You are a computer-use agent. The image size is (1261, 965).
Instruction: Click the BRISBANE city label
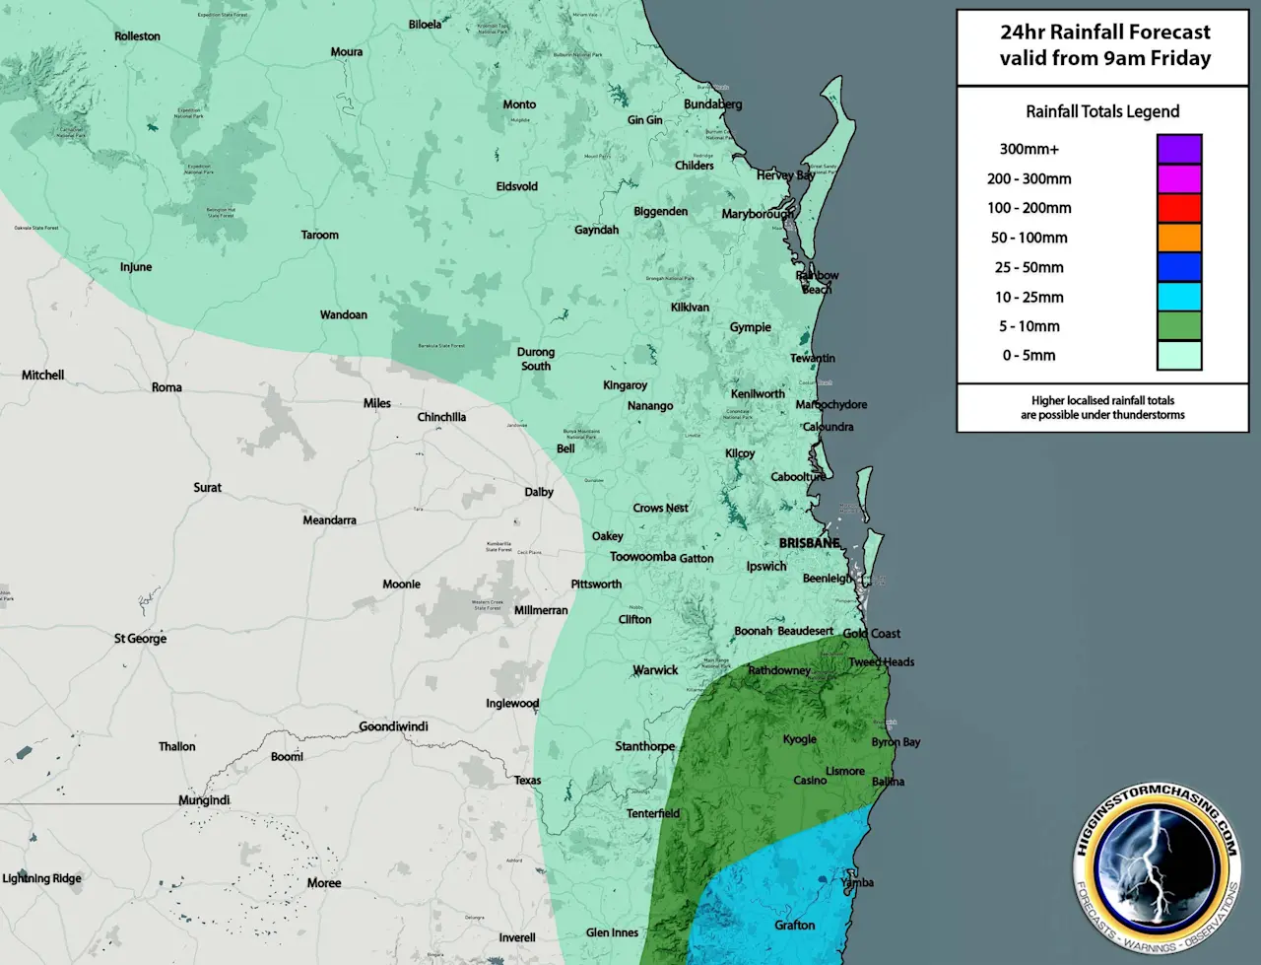point(809,543)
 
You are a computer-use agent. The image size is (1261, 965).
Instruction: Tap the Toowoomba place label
point(642,557)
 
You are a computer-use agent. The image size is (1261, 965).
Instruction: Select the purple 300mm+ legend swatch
point(1178,149)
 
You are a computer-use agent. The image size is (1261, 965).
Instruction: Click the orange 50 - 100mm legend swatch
point(1178,238)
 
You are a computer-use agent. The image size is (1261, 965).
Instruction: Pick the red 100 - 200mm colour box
point(1178,208)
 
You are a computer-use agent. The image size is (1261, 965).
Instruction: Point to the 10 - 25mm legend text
point(1029,297)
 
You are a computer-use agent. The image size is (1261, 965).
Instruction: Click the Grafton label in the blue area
point(794,925)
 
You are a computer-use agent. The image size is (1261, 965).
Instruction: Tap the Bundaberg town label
point(713,104)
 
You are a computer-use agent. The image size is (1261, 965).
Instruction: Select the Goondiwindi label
point(393,726)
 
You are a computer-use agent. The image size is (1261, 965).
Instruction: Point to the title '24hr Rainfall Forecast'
point(1104,32)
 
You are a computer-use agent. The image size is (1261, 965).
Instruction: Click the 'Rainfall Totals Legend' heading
point(1102,111)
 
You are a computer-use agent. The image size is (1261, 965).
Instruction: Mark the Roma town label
point(166,387)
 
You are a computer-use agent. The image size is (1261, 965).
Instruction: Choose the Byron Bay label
point(896,742)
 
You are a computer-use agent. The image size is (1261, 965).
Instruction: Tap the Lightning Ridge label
point(41,878)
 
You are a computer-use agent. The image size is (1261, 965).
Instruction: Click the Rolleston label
point(137,36)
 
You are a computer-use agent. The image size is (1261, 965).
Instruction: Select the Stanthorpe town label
point(644,746)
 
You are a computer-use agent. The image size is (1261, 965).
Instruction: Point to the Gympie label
point(750,327)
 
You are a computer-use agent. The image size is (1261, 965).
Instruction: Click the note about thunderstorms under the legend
point(1102,408)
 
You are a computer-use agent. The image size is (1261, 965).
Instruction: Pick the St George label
point(140,639)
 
